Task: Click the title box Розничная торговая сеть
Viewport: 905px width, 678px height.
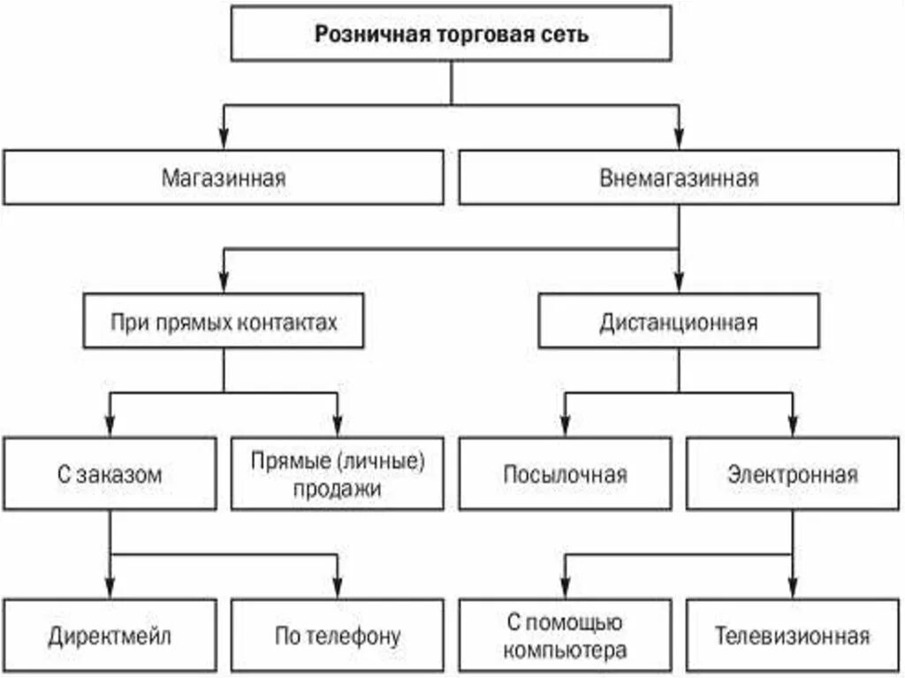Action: coord(452,35)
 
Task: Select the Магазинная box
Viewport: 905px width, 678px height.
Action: coord(224,178)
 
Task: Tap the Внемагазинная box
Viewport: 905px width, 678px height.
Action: coord(679,178)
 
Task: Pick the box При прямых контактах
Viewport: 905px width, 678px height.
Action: coord(224,323)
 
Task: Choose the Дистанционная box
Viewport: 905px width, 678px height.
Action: coord(679,323)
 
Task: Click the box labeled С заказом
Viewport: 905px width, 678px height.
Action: coord(110,474)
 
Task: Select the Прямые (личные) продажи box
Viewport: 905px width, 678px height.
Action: coord(338,474)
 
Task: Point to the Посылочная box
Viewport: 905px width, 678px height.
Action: coord(566,474)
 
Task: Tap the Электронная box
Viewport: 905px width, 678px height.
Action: coord(793,474)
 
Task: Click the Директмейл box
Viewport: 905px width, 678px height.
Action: coord(110,636)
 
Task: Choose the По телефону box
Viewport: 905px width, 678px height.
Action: coord(338,636)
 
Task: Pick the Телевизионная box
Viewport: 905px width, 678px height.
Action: coord(793,636)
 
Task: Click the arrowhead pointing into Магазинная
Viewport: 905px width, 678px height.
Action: coord(224,141)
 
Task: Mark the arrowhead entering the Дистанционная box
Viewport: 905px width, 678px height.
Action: coord(679,286)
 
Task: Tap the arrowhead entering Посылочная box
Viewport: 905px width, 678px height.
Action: coord(566,426)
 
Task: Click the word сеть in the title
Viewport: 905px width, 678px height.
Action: coord(568,35)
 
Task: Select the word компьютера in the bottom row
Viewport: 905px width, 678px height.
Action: coord(567,651)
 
